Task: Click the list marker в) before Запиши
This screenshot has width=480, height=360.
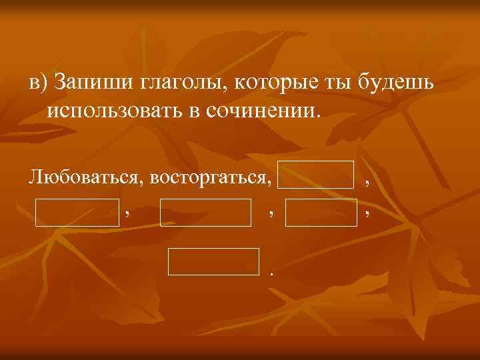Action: click(x=39, y=83)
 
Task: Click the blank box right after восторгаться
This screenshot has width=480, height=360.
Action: click(x=315, y=175)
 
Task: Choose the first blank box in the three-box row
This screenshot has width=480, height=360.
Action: click(x=77, y=212)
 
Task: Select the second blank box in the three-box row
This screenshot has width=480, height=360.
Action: click(x=205, y=212)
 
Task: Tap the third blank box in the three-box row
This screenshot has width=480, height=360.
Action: click(x=321, y=212)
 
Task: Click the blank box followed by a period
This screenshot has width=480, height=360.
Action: click(x=213, y=261)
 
